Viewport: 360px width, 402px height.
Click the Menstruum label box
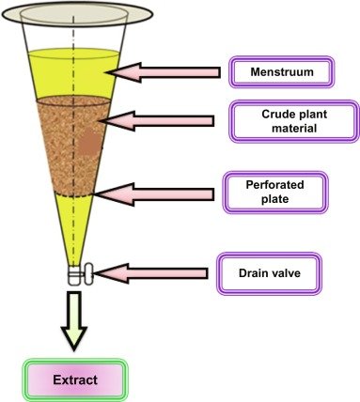[x=282, y=72]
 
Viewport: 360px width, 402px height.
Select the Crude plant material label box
[x=294, y=121]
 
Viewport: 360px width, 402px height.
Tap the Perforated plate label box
[x=275, y=192]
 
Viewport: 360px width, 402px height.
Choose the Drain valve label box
[x=270, y=273]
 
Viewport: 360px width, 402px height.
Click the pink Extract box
[x=75, y=379]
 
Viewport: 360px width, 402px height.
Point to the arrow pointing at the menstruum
[x=164, y=72]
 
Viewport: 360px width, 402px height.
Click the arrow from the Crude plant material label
[x=157, y=121]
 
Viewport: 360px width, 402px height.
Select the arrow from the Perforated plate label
[x=154, y=194]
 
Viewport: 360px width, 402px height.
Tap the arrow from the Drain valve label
[x=151, y=273]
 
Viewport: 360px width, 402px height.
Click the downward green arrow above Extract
[x=74, y=321]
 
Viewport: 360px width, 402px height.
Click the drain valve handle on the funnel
[x=88, y=273]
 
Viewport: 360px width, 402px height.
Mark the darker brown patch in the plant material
[x=89, y=143]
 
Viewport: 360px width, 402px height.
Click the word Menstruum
[x=282, y=72]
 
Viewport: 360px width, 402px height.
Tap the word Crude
[x=274, y=114]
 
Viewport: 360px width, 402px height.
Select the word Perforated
[x=274, y=185]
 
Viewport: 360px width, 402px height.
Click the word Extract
[x=75, y=380]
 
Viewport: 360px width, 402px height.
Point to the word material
[x=294, y=129]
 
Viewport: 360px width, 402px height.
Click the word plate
[x=274, y=199]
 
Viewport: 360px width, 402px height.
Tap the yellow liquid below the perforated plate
[x=74, y=225]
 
